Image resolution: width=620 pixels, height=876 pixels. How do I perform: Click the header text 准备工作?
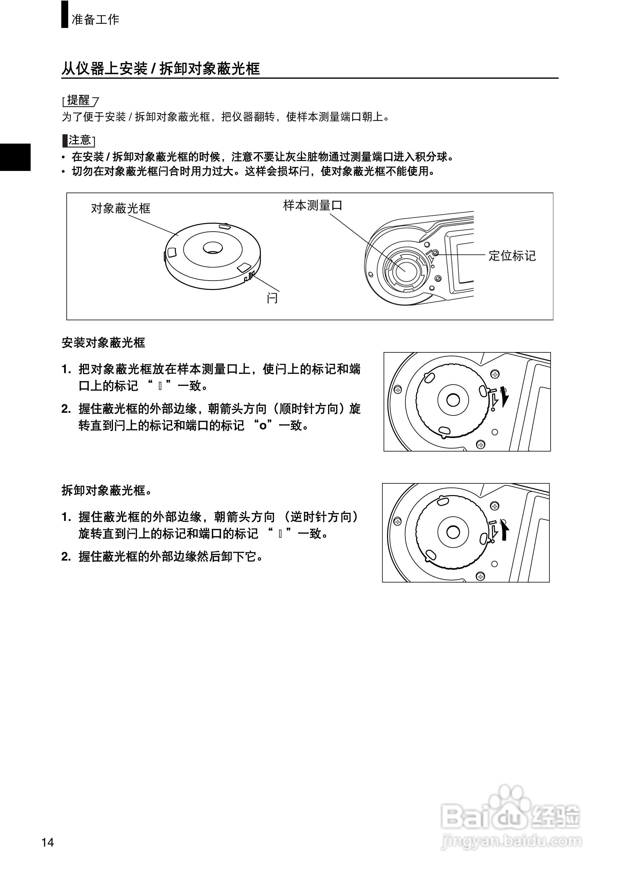[96, 19]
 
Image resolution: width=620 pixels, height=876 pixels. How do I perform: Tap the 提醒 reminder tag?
[79, 101]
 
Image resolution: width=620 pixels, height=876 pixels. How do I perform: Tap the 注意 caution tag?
[79, 141]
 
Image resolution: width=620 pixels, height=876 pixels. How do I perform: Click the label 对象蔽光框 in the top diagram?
[121, 208]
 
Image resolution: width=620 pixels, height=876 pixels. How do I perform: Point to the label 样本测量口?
[313, 206]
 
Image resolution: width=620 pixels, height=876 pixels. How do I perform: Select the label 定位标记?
[512, 256]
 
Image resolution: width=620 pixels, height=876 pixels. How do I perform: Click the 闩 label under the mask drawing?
[272, 298]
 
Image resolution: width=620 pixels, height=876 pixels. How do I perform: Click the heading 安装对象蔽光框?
[103, 343]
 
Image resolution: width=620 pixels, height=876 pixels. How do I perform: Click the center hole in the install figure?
[453, 400]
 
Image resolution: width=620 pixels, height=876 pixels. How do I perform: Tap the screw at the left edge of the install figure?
[398, 390]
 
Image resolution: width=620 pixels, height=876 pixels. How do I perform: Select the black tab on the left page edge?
[15, 157]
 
